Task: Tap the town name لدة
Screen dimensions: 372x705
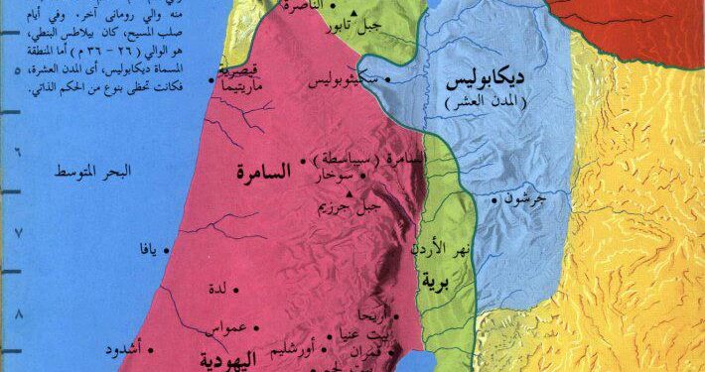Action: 227,291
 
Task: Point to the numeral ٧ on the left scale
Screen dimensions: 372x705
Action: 16,233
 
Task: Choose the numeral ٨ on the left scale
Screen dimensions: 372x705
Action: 16,314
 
